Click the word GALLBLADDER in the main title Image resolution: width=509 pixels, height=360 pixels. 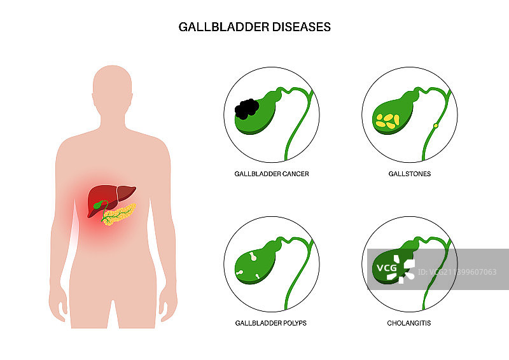(224, 27)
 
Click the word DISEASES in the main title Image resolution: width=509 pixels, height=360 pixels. (301, 27)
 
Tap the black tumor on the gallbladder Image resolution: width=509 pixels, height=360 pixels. (247, 109)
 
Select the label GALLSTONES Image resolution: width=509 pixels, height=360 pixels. (410, 174)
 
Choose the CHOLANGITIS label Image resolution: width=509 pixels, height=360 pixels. (409, 323)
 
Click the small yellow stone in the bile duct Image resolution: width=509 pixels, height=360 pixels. (436, 126)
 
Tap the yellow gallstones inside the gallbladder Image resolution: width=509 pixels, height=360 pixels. (387, 121)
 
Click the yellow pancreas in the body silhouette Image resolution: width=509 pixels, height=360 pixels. (119, 214)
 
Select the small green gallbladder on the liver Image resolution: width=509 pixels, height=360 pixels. (99, 205)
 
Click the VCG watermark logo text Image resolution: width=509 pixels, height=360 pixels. (387, 268)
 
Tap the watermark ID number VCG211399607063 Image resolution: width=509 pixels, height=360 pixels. (457, 272)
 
